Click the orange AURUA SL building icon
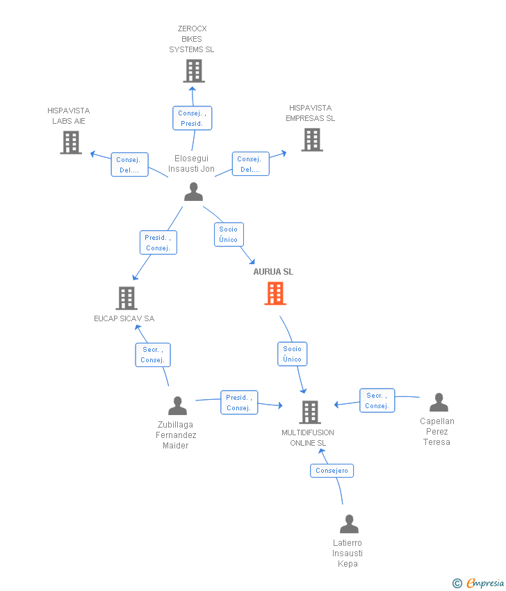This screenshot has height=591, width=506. [x=275, y=293]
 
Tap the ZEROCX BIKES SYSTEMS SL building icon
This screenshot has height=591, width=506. [x=194, y=71]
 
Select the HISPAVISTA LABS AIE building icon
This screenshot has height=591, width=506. [x=71, y=143]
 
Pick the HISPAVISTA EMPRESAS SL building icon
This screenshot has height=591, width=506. [x=312, y=140]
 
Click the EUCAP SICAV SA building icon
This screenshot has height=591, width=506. [x=126, y=298]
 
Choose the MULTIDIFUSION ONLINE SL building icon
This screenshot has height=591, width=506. [x=310, y=412]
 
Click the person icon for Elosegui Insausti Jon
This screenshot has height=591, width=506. [x=194, y=191]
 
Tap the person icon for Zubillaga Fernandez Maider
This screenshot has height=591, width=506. [x=177, y=405]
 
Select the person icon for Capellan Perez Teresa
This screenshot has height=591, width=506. [x=439, y=402]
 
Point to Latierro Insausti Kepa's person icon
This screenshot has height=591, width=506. [x=349, y=524]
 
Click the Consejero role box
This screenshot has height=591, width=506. [x=332, y=471]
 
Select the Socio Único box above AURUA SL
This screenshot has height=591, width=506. [x=229, y=234]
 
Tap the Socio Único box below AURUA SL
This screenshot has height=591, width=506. [x=293, y=354]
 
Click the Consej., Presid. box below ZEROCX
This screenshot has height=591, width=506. [x=193, y=118]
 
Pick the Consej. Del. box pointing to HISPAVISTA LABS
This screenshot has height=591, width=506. [x=129, y=165]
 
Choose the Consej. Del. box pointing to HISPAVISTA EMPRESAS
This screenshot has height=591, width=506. [x=250, y=164]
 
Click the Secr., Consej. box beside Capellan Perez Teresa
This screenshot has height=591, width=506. [x=377, y=400]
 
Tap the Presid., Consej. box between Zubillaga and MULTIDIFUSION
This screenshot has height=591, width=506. [x=239, y=403]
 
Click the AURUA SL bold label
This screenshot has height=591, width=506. [x=273, y=272]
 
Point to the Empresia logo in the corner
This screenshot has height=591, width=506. [x=478, y=583]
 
